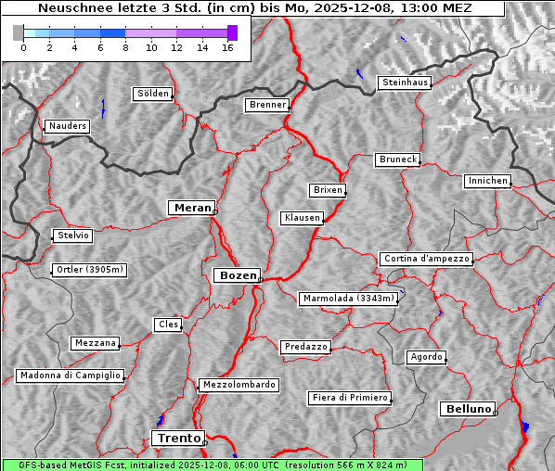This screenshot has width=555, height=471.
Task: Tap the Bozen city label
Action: tap(236, 275)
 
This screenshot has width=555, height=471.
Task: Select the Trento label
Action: tap(177, 438)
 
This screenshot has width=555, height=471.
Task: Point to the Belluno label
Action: tap(467, 408)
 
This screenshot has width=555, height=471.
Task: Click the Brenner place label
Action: tap(267, 105)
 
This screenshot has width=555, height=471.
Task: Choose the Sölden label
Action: tap(153, 94)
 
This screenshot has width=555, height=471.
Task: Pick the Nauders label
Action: tap(66, 126)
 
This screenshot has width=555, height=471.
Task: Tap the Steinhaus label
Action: tap(405, 83)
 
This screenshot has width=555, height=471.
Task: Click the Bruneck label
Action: tap(398, 159)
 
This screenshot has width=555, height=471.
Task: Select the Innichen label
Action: tap(487, 181)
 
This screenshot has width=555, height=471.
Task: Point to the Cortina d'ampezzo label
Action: tap(425, 259)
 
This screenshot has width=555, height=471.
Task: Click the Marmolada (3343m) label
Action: tap(349, 299)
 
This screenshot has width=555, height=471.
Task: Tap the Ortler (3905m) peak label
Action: tap(88, 270)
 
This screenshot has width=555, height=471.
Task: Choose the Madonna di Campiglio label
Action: tap(70, 376)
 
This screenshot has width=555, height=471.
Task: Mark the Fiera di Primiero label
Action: tap(349, 398)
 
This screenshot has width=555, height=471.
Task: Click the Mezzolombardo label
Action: tap(238, 384)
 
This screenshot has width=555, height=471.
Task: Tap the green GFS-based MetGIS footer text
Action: tap(212, 465)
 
